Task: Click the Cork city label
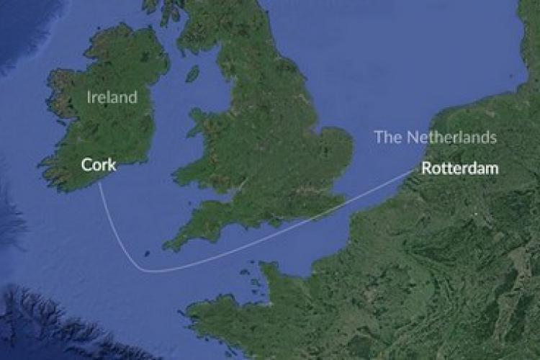coord(99,165)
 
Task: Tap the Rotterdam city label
coord(460,169)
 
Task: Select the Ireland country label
coord(112,97)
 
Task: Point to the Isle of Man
coord(193,73)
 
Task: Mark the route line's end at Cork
coord(99,183)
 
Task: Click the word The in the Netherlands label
coord(387,137)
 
